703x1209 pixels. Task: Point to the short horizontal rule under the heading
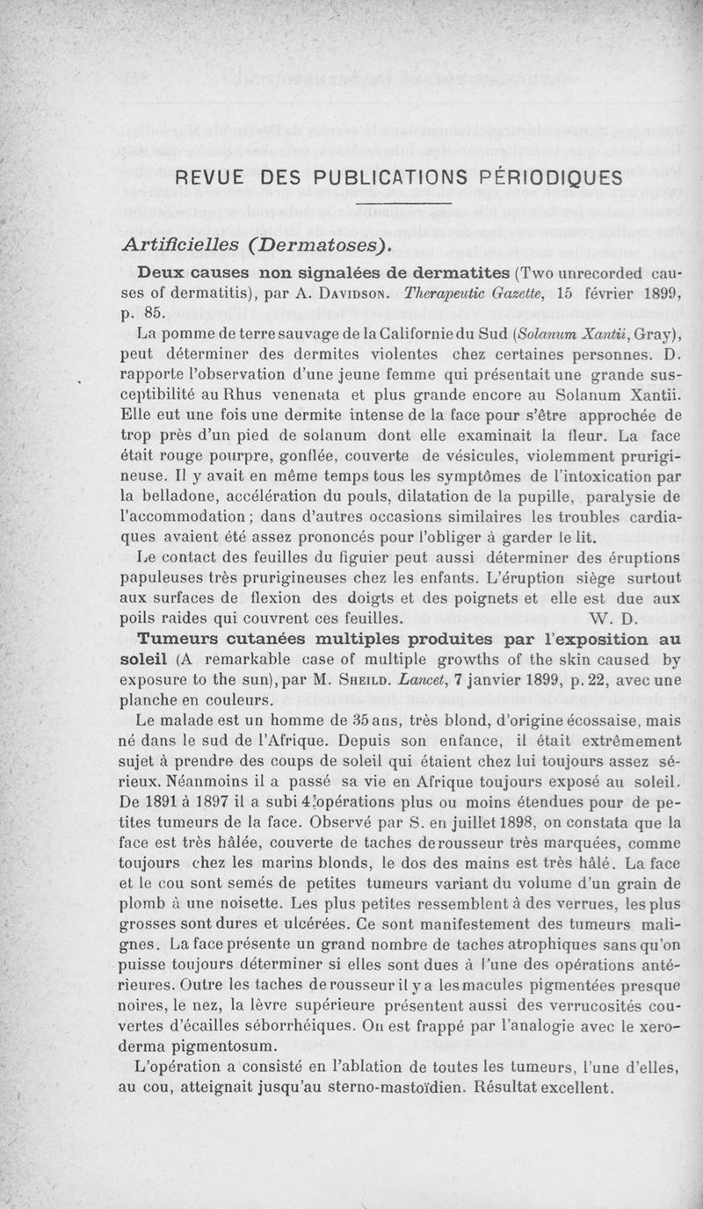tap(401, 207)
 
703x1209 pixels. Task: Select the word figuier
tap(317, 557)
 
